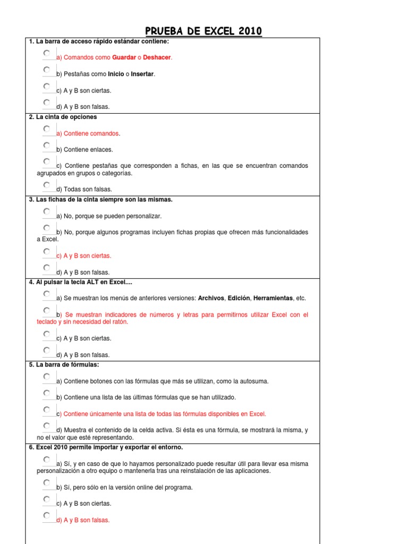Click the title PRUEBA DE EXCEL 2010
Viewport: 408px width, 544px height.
(x=204, y=31)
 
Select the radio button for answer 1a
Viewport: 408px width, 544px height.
(x=47, y=54)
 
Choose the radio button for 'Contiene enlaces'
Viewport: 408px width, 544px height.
(x=47, y=146)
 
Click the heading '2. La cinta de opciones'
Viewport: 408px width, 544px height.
(x=63, y=117)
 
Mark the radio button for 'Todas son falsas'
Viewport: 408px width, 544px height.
(x=47, y=185)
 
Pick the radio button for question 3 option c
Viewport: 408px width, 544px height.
(x=47, y=252)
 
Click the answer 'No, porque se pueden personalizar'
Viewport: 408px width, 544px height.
(x=109, y=216)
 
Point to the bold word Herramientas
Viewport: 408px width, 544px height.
(x=273, y=299)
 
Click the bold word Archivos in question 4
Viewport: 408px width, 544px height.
(x=211, y=299)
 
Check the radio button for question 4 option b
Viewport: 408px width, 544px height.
(x=47, y=311)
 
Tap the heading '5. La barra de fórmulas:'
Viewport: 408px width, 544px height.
(x=64, y=364)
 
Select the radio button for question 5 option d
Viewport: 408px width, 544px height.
(x=47, y=426)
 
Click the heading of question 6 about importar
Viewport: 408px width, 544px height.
(x=106, y=447)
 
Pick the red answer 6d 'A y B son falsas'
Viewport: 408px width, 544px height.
(x=83, y=520)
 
